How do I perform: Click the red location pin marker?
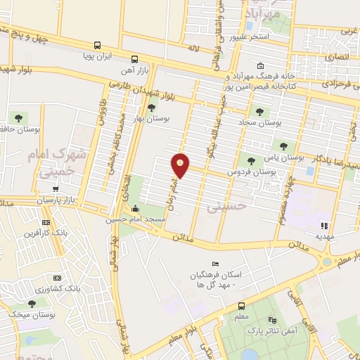pyautogui.click(x=181, y=165)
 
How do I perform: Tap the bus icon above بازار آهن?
pyautogui.click(x=134, y=59)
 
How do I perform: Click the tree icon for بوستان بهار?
pyautogui.click(x=152, y=107)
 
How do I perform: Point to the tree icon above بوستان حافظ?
pyautogui.click(x=18, y=119)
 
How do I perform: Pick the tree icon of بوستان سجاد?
pyautogui.click(x=259, y=111)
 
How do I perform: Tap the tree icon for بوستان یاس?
pyautogui.click(x=283, y=146)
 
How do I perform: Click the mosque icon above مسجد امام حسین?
pyautogui.click(x=136, y=209)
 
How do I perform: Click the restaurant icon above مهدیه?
pyautogui.click(x=325, y=226)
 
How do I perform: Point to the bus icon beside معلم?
pyautogui.click(x=242, y=307)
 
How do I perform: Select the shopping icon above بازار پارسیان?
pyautogui.click(x=55, y=188)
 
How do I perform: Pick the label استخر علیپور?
pyautogui.click(x=250, y=36)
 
